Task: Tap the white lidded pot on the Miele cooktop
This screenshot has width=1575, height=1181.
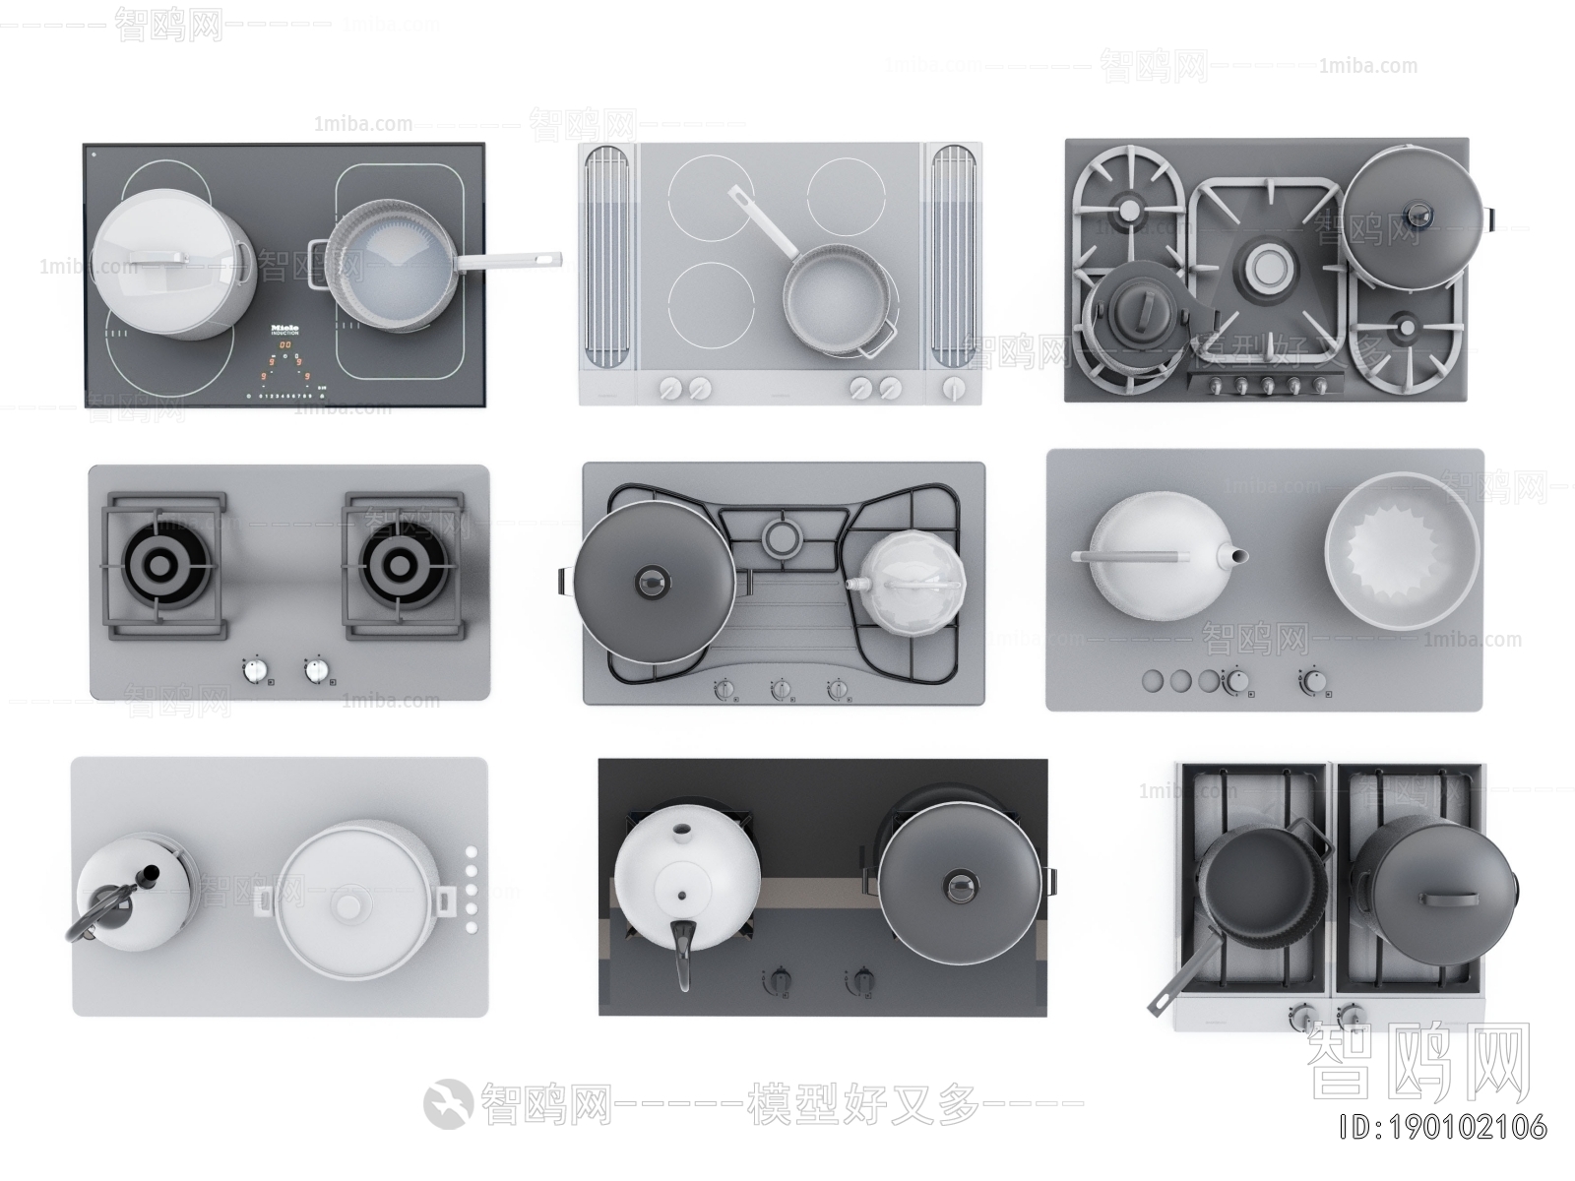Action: click(x=174, y=264)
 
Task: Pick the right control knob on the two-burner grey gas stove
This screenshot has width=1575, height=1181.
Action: click(x=317, y=670)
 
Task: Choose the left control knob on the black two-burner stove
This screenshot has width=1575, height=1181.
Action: click(x=779, y=980)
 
